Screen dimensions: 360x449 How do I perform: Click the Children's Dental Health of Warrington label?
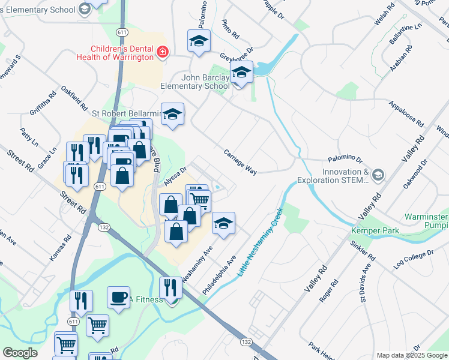(x=122, y=53)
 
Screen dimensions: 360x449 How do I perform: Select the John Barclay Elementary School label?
(x=196, y=82)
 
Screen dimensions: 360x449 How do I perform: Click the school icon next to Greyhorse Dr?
(x=242, y=74)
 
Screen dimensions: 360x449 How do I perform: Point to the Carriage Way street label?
(x=240, y=162)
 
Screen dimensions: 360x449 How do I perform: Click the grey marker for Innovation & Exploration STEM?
(x=378, y=175)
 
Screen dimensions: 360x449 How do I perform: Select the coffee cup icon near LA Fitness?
(x=118, y=296)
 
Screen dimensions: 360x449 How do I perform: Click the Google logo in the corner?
(x=20, y=353)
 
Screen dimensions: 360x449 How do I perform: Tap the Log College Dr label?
(x=412, y=259)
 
